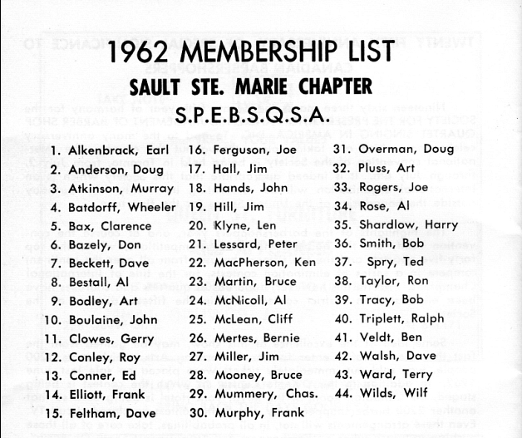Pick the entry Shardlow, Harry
(x=403, y=224)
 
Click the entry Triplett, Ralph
(x=401, y=318)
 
